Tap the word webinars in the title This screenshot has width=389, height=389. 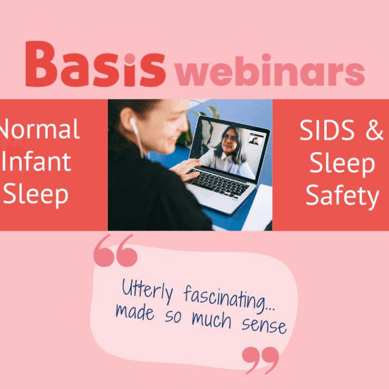[270, 73]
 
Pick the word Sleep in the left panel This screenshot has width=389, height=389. [36, 194]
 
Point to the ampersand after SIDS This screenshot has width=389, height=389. [373, 132]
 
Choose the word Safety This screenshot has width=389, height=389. [342, 196]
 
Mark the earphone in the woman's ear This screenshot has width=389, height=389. [133, 124]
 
